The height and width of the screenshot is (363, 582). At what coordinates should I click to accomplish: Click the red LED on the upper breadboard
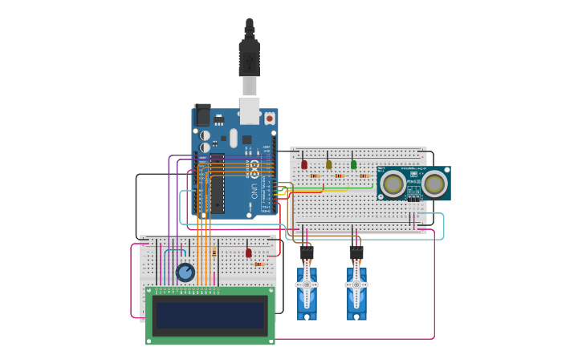coord(303,164)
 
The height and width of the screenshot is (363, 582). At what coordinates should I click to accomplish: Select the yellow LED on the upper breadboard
coord(328,164)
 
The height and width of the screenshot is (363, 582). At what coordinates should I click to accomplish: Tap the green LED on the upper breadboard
coord(353,164)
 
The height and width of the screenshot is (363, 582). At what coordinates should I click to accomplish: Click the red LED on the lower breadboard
coord(249,252)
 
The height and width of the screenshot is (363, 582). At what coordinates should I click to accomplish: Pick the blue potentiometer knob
coord(185,272)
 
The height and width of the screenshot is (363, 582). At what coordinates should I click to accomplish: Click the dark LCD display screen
coord(210,314)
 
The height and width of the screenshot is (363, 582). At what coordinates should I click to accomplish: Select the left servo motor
coord(307,287)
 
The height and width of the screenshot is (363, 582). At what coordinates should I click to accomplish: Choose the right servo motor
coord(356,287)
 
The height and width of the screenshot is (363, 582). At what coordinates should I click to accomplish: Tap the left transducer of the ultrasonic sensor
coord(393,184)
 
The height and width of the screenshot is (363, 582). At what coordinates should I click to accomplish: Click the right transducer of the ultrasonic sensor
coord(434,184)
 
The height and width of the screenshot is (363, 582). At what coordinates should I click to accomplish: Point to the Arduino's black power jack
coord(202,114)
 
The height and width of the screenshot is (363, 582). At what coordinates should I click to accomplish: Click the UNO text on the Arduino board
coord(254,192)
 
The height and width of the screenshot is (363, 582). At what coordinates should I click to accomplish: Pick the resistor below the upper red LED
coord(315,175)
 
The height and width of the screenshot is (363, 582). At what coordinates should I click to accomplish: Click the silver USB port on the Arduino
coord(249,110)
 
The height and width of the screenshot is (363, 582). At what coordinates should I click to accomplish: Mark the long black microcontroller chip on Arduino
coord(217,184)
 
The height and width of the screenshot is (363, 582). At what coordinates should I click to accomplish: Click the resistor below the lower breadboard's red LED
coord(259,264)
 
